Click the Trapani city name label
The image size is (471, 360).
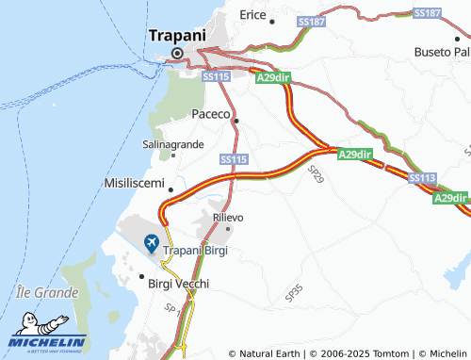176,36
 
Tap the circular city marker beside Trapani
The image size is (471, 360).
176,54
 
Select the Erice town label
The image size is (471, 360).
252,15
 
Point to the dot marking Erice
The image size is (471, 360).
272,21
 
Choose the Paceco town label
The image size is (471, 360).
211,113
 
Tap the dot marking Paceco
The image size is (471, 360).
236,121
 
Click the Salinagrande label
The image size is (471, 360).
172,144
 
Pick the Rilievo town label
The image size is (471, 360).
229,217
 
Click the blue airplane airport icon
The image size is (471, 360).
151,245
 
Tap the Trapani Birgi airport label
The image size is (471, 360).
196,250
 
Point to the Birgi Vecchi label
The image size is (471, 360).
178,283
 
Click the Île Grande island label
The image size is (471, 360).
47,293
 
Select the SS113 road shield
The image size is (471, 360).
422,177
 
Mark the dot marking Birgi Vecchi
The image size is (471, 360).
141,278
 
